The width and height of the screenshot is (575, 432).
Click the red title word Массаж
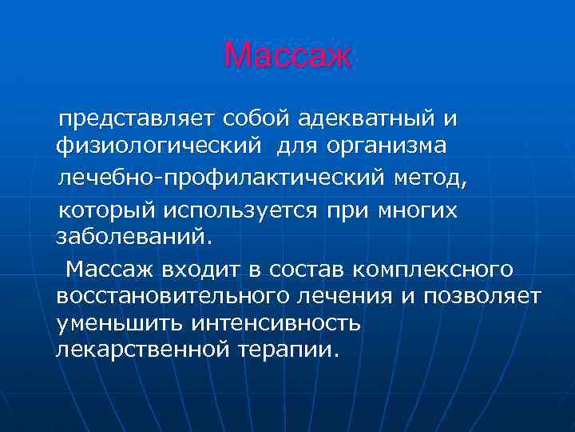pos(287,54)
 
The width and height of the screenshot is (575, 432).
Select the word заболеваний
pos(135,238)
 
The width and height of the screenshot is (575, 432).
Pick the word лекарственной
pos(143,351)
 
